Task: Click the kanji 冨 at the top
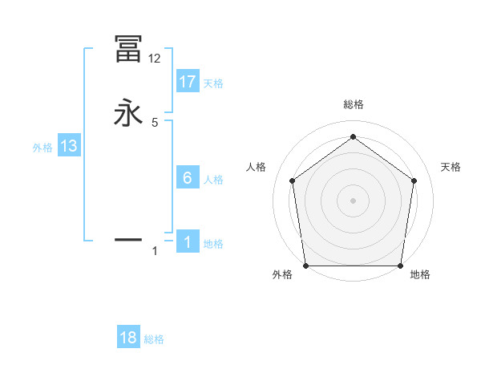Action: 128,50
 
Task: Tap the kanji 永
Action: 128,113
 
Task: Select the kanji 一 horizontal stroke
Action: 128,239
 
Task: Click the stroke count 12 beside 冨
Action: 154,59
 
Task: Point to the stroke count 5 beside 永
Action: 155,122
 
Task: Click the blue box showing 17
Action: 188,81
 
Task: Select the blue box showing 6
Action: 188,178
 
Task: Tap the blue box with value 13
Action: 69,146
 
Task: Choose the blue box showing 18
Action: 128,338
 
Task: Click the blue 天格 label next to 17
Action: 213,83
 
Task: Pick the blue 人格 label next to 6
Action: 213,180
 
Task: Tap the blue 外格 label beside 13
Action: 42,148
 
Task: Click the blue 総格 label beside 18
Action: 154,339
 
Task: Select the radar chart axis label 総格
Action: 353,104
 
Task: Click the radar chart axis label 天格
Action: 451,167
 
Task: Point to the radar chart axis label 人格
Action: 256,167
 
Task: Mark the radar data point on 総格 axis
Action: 353,137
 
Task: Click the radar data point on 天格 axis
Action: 414,180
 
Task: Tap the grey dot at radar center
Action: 353,201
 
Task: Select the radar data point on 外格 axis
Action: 305,266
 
